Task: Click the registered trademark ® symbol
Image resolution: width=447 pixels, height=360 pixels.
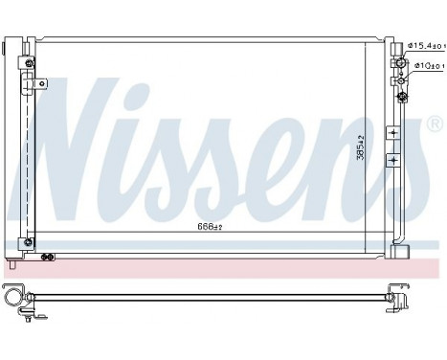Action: coord(434,124)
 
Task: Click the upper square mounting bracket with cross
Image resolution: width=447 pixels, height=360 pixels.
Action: coord(391,131)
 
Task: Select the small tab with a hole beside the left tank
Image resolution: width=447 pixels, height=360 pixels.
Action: coord(41,85)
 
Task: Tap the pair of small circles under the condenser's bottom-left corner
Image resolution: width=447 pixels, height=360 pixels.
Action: coord(47,255)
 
